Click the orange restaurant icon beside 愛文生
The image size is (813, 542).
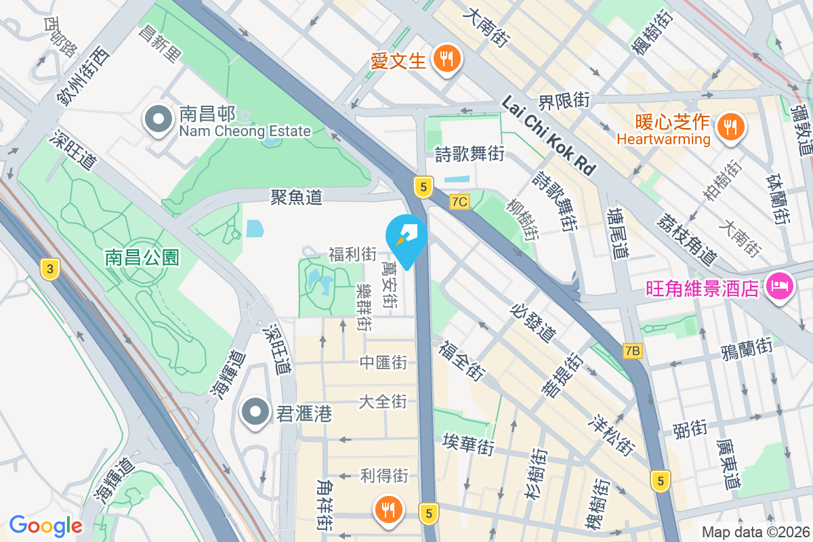pyautogui.click(x=446, y=59)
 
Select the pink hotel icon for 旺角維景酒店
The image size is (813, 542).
pyautogui.click(x=778, y=286)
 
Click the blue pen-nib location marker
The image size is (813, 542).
pyautogui.click(x=406, y=237)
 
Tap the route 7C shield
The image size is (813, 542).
pyautogui.click(x=459, y=201)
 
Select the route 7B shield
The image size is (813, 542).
pyautogui.click(x=632, y=350)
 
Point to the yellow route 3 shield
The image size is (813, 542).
pyautogui.click(x=48, y=269)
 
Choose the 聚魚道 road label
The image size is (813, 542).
pyautogui.click(x=295, y=197)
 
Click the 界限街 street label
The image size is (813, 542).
pyautogui.click(x=564, y=102)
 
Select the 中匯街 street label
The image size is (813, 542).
pyautogui.click(x=383, y=363)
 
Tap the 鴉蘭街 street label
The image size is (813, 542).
pyautogui.click(x=747, y=348)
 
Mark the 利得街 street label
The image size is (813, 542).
pyautogui.click(x=383, y=475)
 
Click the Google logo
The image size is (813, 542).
pyautogui.click(x=45, y=526)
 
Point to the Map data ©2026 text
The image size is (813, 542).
pyautogui.click(x=755, y=533)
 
